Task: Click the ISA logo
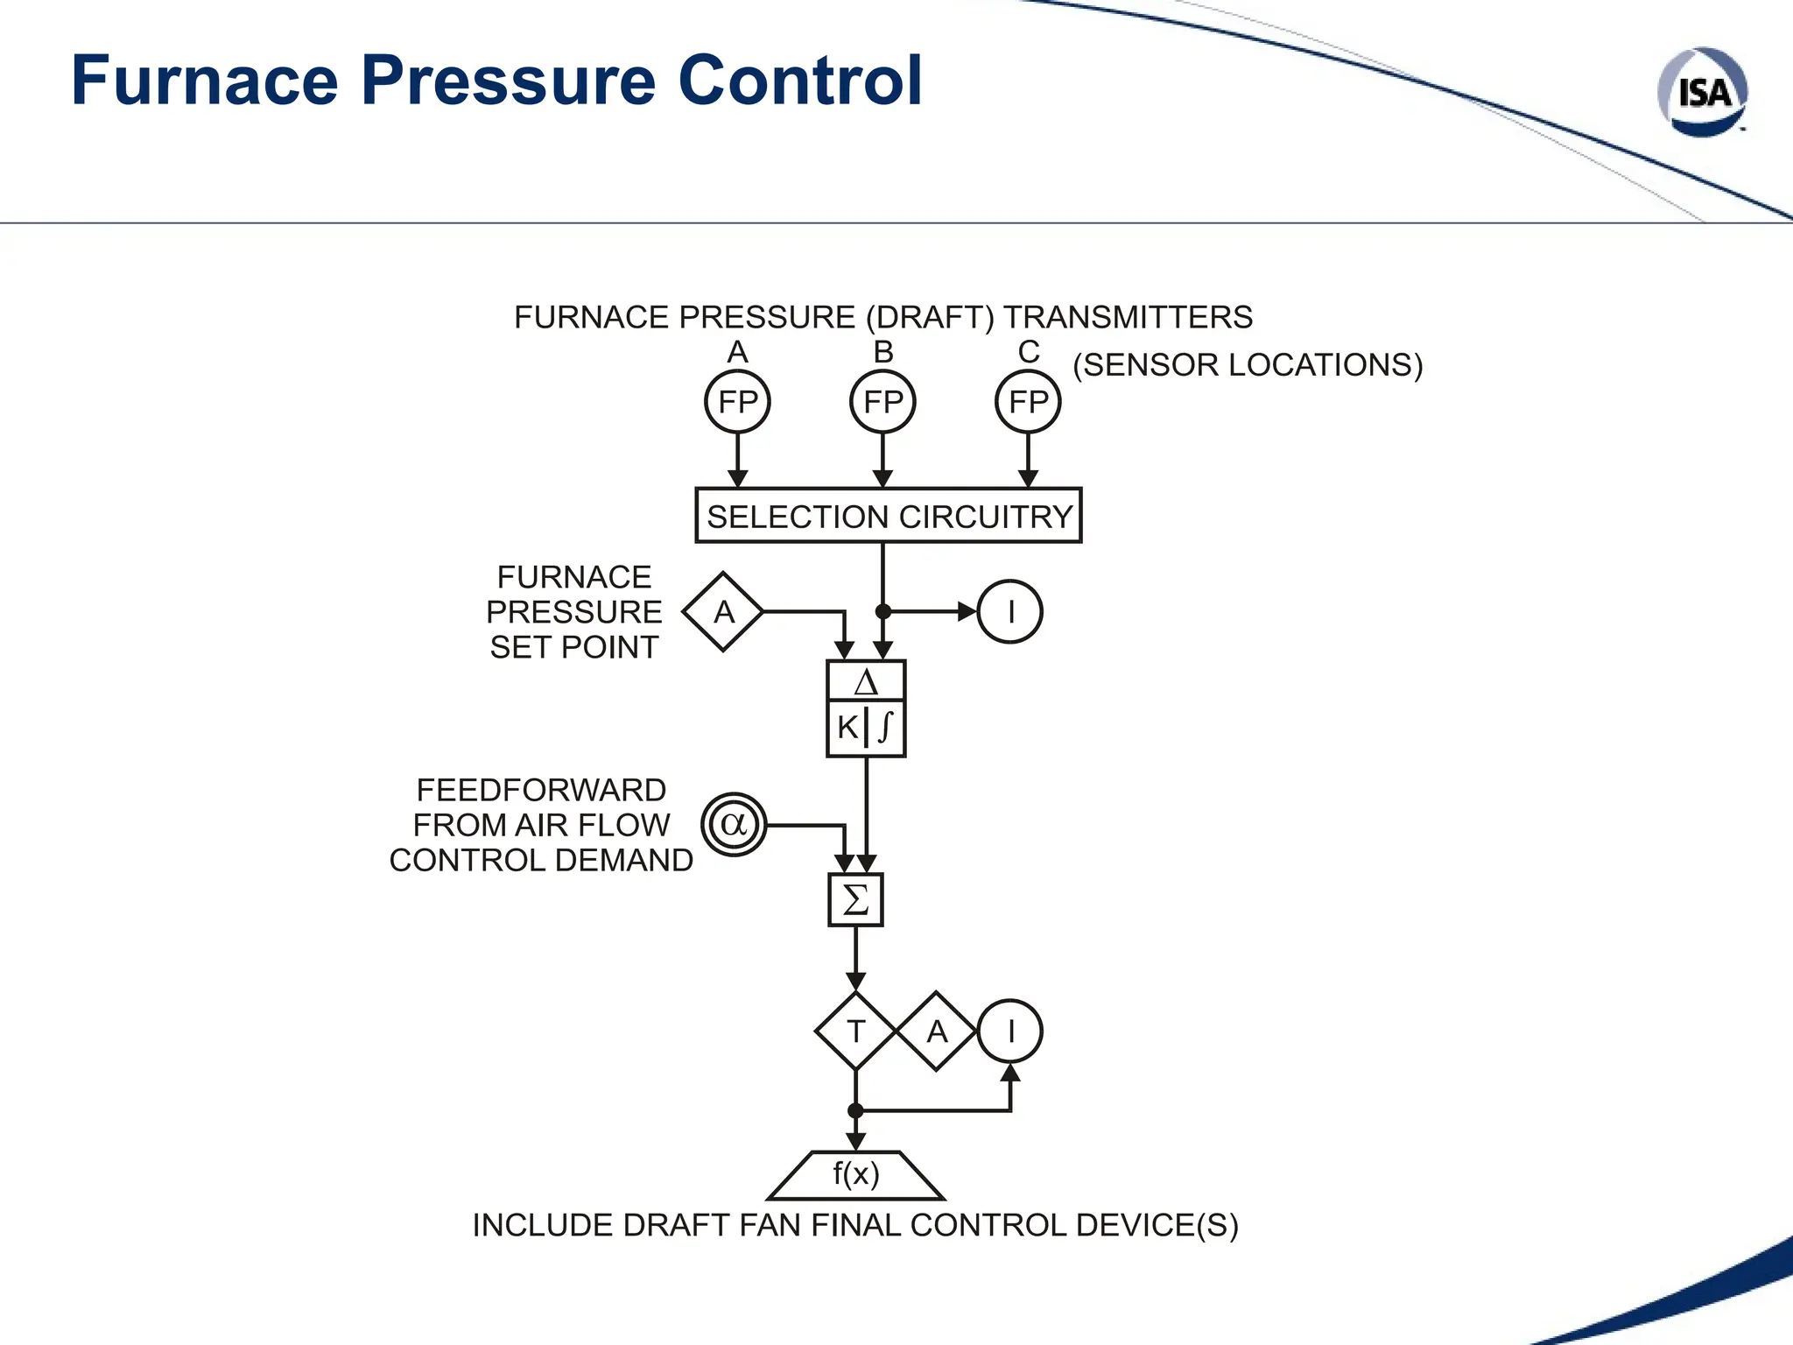click(1703, 92)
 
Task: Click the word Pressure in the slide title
click(508, 81)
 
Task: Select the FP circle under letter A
click(737, 402)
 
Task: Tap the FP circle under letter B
click(882, 402)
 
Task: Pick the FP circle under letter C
click(1028, 402)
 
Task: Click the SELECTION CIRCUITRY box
click(889, 516)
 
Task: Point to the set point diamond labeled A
click(723, 611)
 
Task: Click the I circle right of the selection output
click(1010, 611)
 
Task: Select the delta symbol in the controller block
click(866, 682)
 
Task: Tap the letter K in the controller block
click(847, 728)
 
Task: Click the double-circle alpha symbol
click(734, 824)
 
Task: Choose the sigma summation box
click(855, 899)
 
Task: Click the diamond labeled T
click(855, 1032)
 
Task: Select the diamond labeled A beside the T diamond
click(937, 1032)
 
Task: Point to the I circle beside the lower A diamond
click(1010, 1032)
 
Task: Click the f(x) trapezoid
click(855, 1175)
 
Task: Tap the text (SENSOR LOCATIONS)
click(1248, 365)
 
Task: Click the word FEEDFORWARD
click(541, 790)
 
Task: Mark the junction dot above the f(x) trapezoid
click(855, 1110)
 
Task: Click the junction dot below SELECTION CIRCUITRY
click(883, 611)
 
